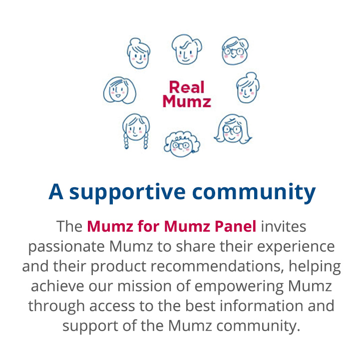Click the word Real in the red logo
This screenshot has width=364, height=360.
[x=187, y=87]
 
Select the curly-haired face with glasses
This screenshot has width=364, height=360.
[x=182, y=144]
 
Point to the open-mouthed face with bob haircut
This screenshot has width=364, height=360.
[x=119, y=90]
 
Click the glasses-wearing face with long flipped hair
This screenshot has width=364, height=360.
[x=233, y=129]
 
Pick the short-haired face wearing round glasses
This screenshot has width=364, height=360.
[x=235, y=50]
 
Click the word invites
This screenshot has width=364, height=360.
[x=284, y=226]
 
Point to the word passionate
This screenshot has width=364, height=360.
[x=66, y=247]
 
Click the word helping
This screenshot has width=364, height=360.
[x=315, y=267]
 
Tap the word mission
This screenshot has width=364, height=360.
[x=144, y=286]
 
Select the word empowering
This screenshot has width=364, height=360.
[x=239, y=287]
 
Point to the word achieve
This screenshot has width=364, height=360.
[x=57, y=286]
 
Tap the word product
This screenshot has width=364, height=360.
[x=118, y=267]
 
